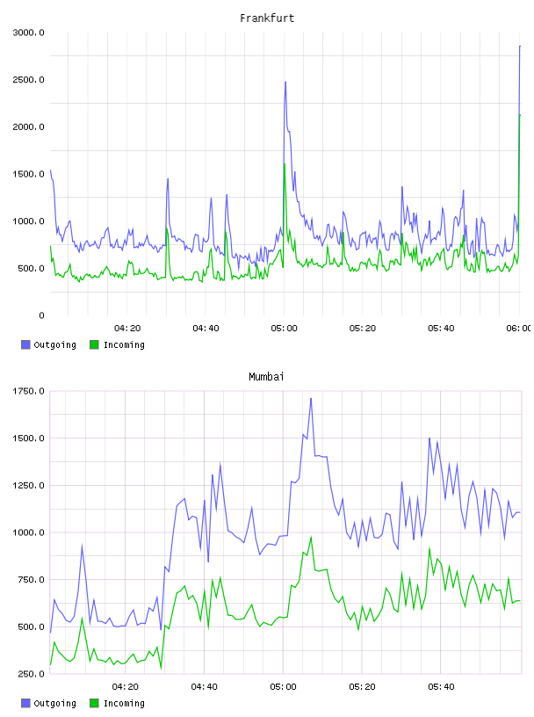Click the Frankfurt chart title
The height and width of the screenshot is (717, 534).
tap(267, 18)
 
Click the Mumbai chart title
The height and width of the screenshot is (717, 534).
tap(266, 376)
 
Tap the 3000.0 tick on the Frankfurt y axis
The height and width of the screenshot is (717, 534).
tap(28, 33)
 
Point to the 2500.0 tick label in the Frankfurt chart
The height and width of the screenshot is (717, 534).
tap(28, 80)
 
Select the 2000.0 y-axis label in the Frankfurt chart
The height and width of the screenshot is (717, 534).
tap(28, 127)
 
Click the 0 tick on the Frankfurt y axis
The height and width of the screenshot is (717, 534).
tap(41, 315)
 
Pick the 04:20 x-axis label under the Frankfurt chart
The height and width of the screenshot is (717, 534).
tap(127, 328)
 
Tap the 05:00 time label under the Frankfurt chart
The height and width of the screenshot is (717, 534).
tap(284, 328)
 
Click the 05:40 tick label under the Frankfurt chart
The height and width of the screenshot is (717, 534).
tap(441, 328)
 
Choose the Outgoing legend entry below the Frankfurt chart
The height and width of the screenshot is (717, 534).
tap(49, 344)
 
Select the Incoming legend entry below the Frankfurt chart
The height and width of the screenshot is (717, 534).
tap(118, 344)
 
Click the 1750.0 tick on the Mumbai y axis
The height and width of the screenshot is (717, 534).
tap(28, 391)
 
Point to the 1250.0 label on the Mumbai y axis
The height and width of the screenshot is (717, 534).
tap(28, 485)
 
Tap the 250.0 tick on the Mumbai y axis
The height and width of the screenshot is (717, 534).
tap(31, 674)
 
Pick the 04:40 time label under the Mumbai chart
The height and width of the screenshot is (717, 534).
tap(204, 686)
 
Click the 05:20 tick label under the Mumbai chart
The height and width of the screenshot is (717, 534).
tap(362, 686)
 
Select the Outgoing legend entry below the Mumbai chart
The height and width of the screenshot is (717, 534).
tap(49, 703)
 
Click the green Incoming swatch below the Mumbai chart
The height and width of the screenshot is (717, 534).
tap(94, 703)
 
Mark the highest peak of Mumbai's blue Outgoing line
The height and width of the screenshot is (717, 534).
tap(311, 398)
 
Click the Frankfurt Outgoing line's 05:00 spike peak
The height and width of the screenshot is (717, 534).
tap(285, 82)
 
